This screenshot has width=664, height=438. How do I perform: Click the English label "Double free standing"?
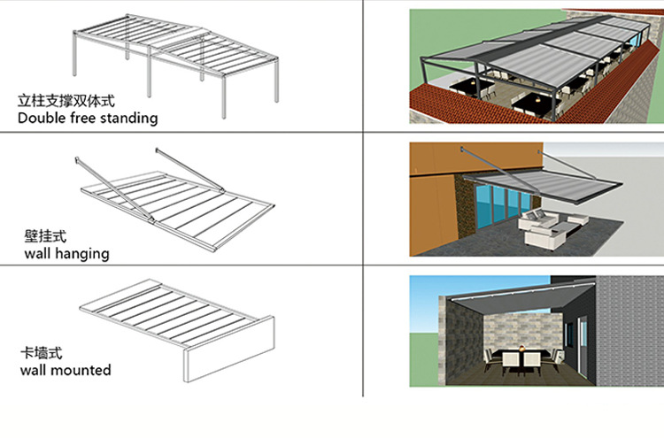[x=87, y=117]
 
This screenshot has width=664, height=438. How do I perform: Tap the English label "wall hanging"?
[x=66, y=254]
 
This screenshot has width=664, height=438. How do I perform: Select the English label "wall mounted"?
[x=66, y=370]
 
